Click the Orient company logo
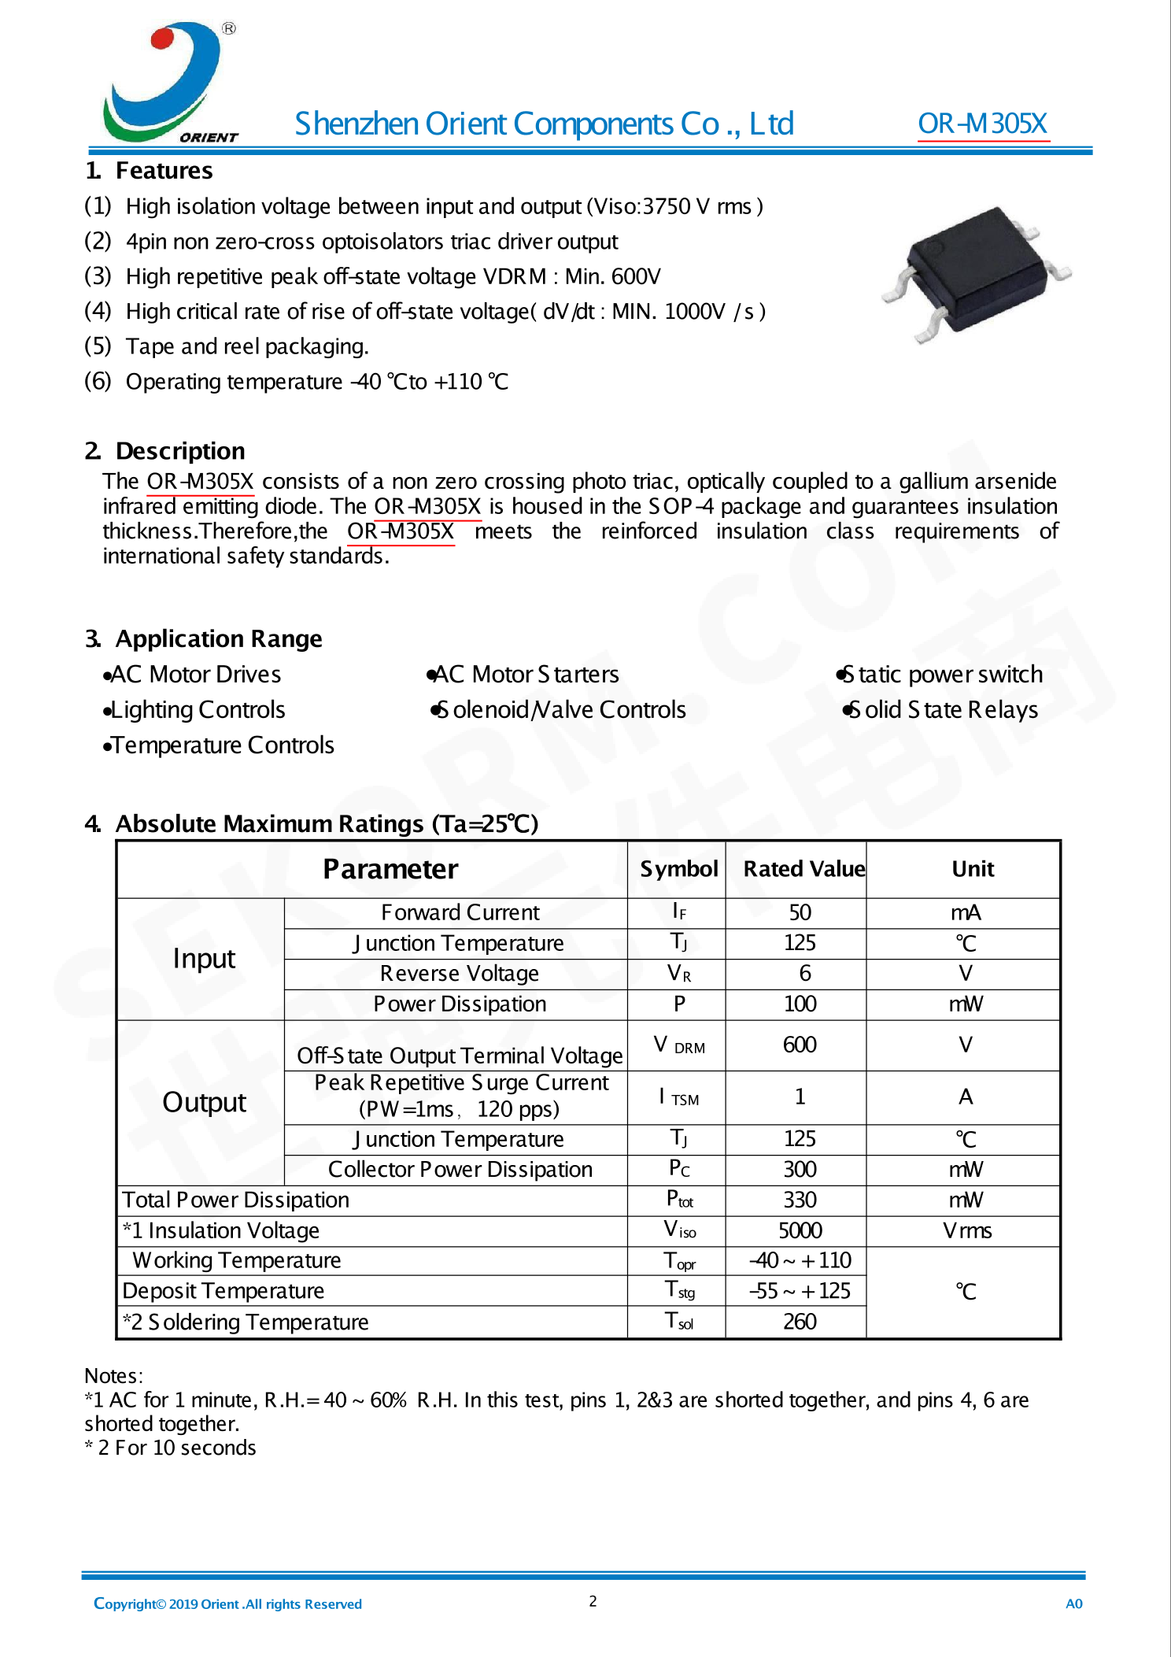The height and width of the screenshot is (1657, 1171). tap(170, 83)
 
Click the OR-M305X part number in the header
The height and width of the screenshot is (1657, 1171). tap(982, 124)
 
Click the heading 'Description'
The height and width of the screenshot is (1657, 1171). tap(180, 451)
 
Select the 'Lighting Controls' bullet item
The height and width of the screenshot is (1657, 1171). tap(197, 710)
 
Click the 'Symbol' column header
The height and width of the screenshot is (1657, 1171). tap(678, 869)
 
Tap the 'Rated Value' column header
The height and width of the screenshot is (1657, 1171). tap(803, 869)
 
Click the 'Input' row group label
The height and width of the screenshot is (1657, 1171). tap(204, 959)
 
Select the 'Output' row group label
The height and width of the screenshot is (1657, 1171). tap(204, 1102)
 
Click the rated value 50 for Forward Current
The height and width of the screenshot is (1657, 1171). tap(800, 912)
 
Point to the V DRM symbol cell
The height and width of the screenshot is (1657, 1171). tap(679, 1045)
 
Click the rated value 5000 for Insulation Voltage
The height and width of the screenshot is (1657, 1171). tap(800, 1230)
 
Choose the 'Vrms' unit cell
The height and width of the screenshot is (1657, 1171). tap(966, 1230)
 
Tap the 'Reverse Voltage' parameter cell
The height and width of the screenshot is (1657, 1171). tap(459, 974)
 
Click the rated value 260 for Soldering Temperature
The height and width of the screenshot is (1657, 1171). tap(800, 1322)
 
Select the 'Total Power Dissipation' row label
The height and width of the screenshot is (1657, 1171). tap(235, 1200)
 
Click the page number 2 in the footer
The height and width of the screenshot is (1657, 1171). tap(593, 1601)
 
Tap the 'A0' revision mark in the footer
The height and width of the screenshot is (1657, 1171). tap(1073, 1603)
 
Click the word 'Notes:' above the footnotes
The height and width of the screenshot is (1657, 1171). tap(113, 1376)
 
